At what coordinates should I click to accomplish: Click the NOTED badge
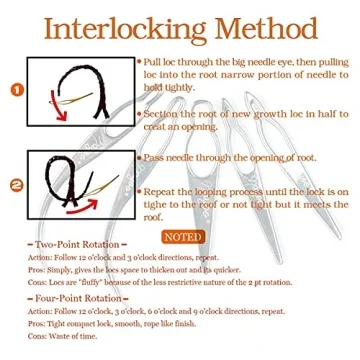pos(185,237)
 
